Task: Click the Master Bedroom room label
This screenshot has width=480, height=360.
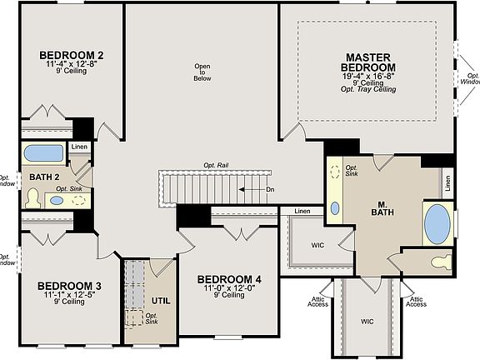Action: pos(367,62)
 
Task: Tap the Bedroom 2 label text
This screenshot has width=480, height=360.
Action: pos(72,56)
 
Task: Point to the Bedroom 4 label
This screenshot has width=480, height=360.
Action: pos(229,279)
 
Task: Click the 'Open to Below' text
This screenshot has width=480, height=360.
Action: pos(202,72)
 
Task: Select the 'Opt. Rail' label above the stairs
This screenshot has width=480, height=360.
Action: pos(216,166)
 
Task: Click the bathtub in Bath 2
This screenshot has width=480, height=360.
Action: pos(41,154)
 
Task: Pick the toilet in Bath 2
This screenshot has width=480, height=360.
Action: pos(33,197)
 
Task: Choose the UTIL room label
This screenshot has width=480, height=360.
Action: pos(162,300)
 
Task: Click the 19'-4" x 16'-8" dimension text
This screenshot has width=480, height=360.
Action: pos(367,75)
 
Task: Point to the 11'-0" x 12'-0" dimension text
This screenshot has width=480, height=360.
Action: pos(228,287)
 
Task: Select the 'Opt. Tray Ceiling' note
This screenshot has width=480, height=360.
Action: pos(367,89)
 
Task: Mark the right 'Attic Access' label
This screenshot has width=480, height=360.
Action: pos(416,302)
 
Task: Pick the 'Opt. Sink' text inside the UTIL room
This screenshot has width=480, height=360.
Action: pos(152,317)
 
